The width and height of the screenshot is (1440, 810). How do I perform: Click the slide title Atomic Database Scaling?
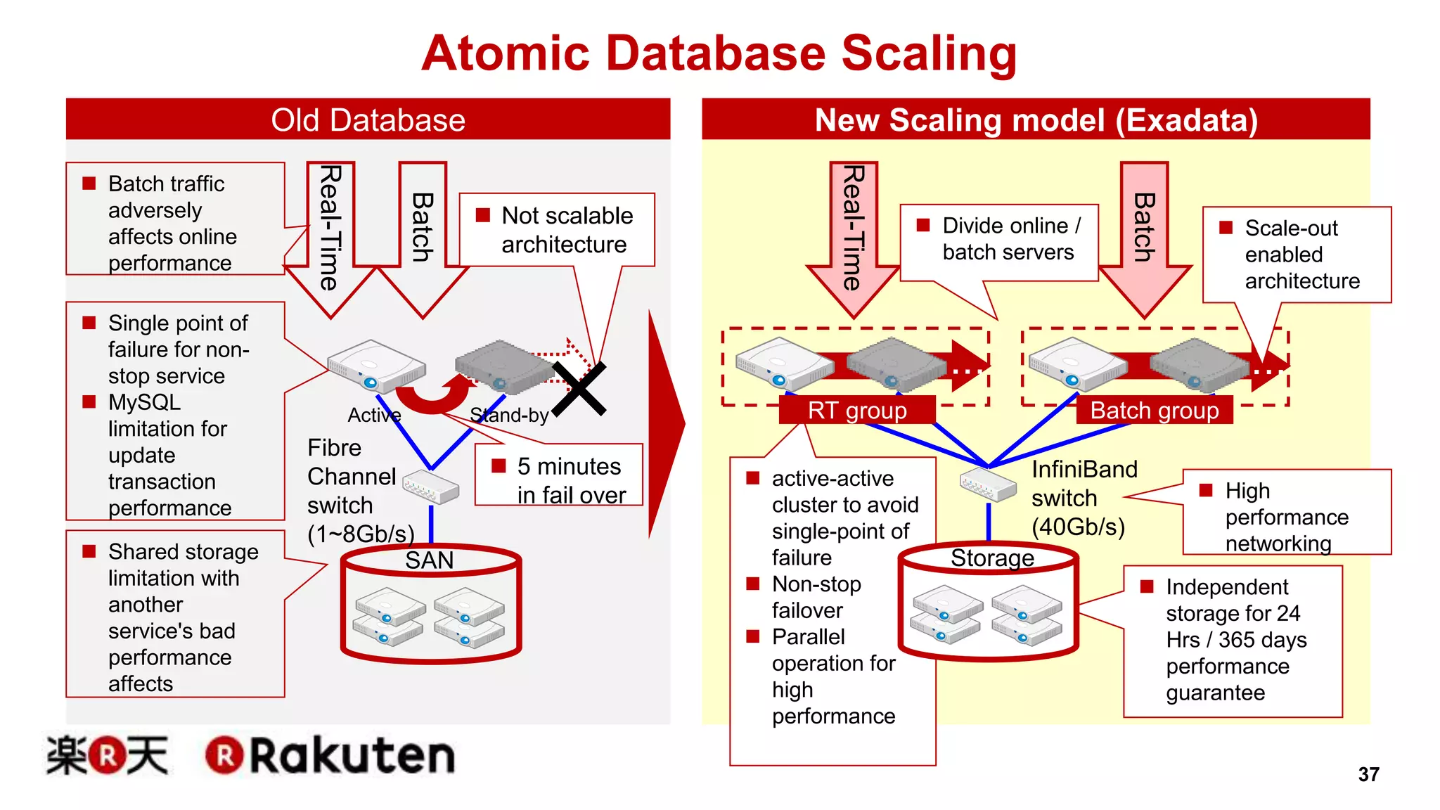click(719, 53)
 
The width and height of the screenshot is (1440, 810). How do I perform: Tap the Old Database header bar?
click(368, 120)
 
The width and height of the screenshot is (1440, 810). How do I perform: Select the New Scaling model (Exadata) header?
click(1036, 120)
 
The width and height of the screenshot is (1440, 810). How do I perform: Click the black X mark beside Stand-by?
click(579, 389)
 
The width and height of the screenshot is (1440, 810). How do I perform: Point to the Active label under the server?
click(374, 415)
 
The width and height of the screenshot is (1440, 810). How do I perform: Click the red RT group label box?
click(857, 410)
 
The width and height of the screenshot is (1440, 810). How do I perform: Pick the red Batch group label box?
click(1154, 410)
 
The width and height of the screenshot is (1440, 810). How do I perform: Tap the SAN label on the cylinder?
click(429, 560)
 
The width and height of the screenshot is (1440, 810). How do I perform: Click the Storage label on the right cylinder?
click(992, 558)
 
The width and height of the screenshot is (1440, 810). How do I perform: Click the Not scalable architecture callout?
click(557, 229)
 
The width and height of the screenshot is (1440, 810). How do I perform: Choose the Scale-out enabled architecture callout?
click(1297, 255)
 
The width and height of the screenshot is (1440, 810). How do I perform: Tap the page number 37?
click(1368, 774)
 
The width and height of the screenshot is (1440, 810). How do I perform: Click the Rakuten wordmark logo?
click(330, 756)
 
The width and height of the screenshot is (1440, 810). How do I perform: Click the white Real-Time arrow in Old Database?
click(330, 232)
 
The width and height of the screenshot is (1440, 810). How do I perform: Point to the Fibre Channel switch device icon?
click(430, 486)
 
